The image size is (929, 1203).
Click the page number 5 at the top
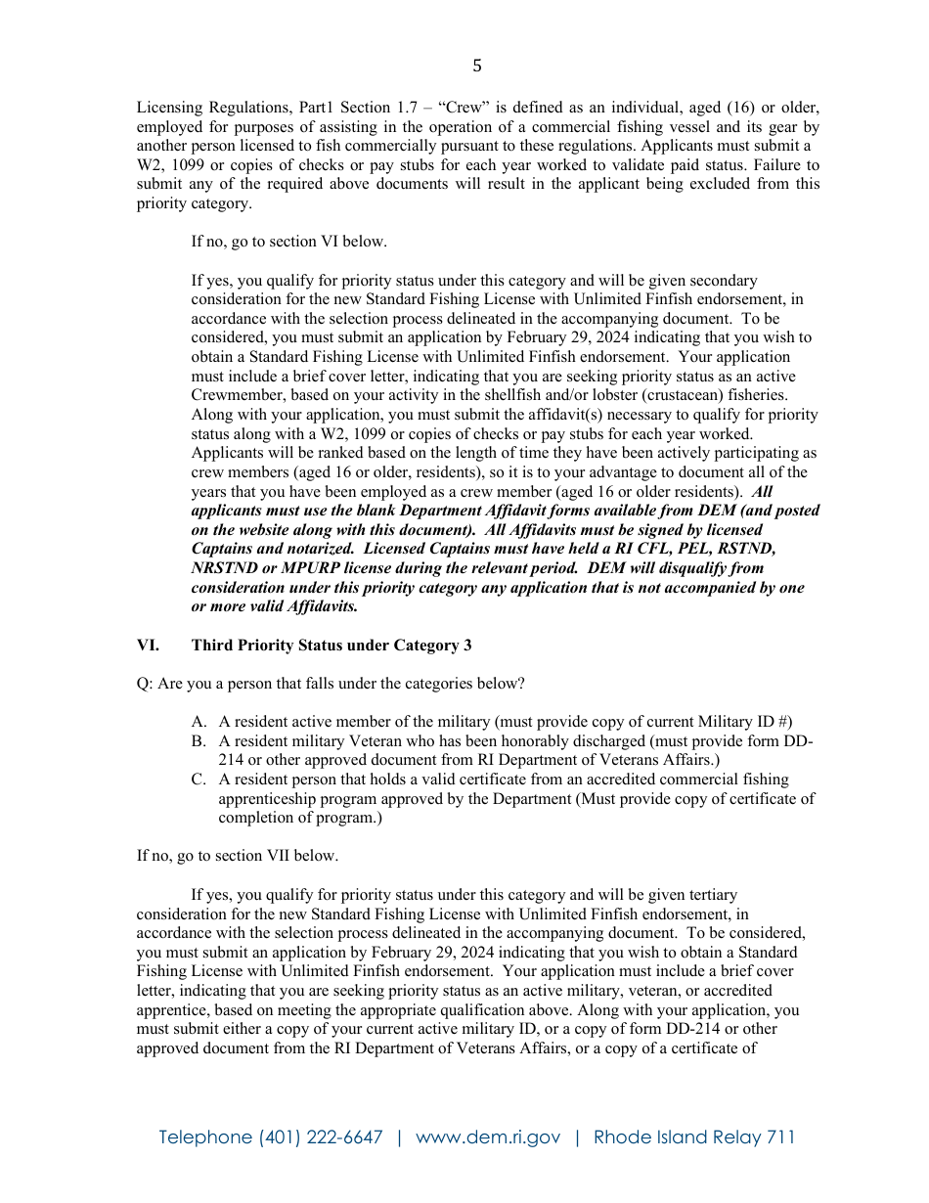coord(477,67)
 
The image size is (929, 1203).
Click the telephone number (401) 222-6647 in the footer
coord(321,1137)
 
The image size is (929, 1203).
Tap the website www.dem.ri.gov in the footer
coord(488,1137)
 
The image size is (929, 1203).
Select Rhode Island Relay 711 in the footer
coord(694,1137)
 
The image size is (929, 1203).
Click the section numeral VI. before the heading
coord(148,646)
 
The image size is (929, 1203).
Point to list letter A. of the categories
coord(199,722)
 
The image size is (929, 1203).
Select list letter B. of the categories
coord(199,741)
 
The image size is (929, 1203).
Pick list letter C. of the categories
coord(199,780)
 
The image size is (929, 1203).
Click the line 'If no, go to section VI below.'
coord(288,242)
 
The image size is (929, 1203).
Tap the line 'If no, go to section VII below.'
coord(238,856)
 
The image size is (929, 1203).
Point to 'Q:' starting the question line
coord(145,684)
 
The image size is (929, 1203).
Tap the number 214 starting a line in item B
coord(231,760)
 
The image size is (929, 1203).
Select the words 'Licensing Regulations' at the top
coord(202,108)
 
